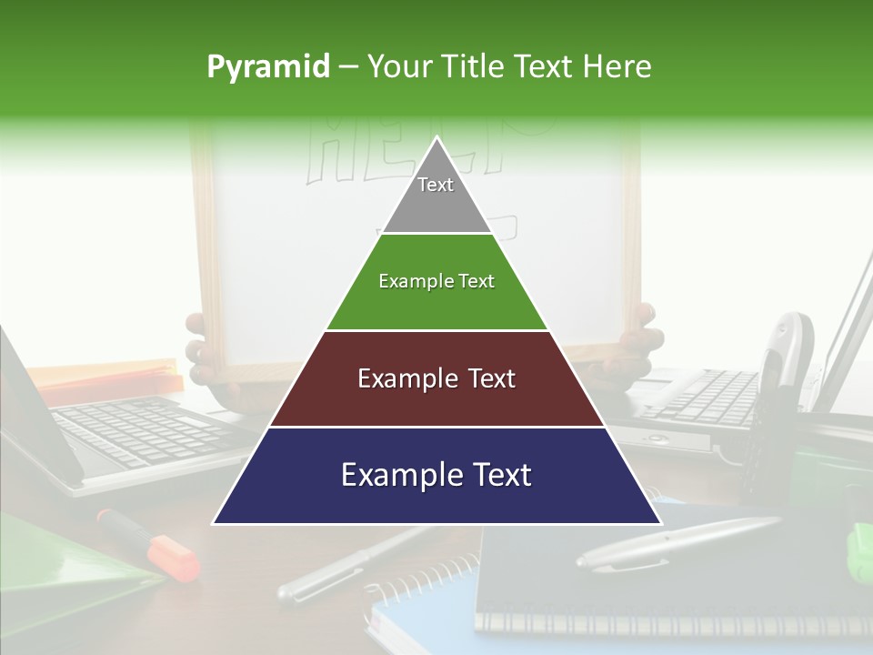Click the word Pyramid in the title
point(267,67)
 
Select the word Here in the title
point(617,67)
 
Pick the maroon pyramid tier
point(436,379)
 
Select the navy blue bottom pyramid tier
point(436,476)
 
